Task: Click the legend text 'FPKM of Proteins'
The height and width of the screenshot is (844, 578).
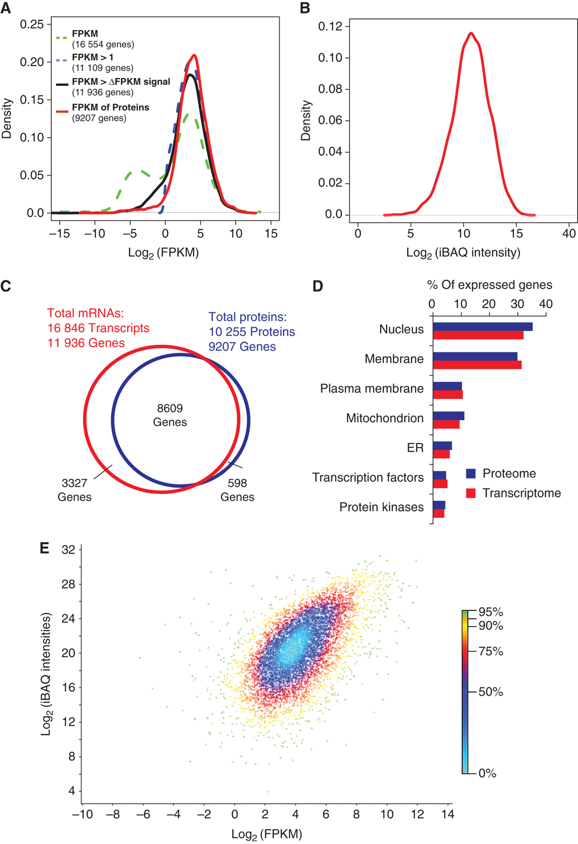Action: [x=110, y=107]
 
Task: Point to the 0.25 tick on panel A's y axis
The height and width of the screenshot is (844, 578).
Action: [x=32, y=24]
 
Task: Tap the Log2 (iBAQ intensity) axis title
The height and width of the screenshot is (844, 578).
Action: [x=463, y=253]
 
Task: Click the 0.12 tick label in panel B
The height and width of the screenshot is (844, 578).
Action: [x=334, y=26]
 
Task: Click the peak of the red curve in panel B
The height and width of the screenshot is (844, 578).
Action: [x=471, y=33]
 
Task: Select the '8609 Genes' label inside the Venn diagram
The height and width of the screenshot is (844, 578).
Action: [x=170, y=415]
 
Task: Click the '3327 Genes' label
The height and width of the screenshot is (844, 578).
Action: [x=74, y=489]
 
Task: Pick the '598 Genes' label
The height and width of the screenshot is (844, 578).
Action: [x=237, y=489]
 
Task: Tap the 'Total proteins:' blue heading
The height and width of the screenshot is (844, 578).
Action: [x=247, y=317]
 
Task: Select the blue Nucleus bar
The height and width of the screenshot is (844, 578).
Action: [x=483, y=327]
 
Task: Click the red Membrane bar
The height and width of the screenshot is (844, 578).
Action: [x=477, y=365]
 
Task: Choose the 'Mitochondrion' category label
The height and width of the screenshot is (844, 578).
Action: [x=384, y=418]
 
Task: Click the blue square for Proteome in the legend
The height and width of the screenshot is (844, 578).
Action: [x=471, y=473]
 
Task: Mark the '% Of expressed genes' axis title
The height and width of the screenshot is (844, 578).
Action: [x=489, y=285]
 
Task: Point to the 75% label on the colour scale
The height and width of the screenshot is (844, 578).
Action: [x=490, y=651]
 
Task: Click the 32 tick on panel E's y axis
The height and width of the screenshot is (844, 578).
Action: [x=68, y=550]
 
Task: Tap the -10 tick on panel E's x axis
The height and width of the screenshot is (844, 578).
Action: [x=82, y=814]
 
